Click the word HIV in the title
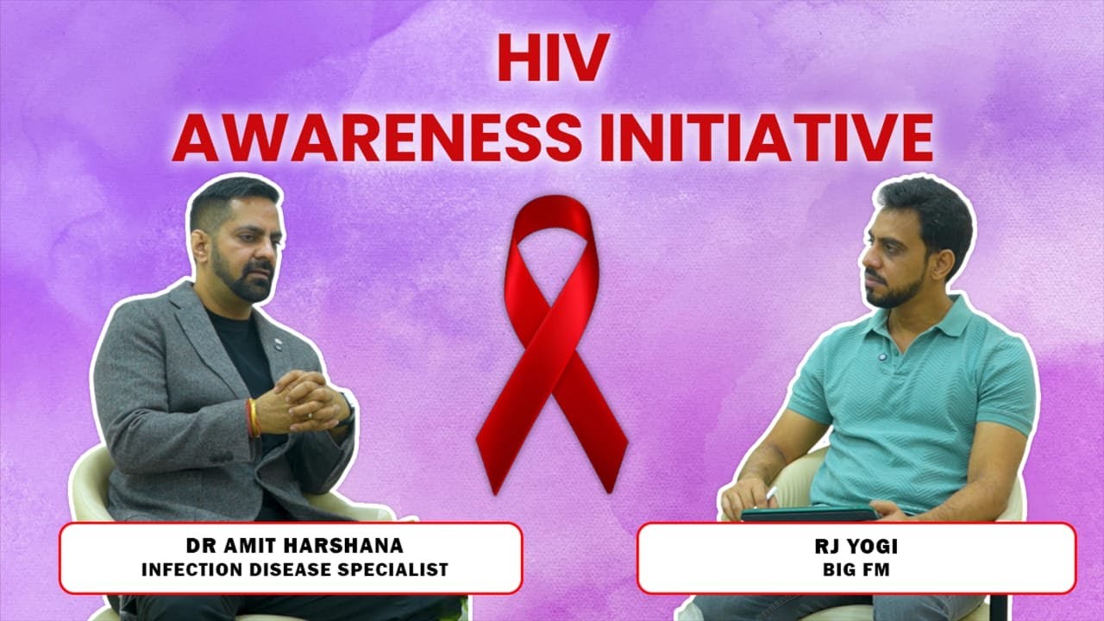click(553, 58)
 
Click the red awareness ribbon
click(552, 345)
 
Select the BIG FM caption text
click(856, 570)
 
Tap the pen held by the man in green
click(770, 494)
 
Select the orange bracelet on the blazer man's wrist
click(253, 417)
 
